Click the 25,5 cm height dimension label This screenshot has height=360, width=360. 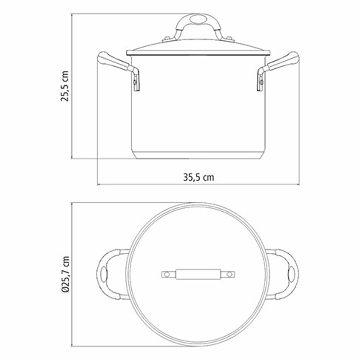pyautogui.click(x=65, y=87)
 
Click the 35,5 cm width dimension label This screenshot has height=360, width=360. pyautogui.click(x=198, y=177)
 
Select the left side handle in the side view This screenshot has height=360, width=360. pyautogui.click(x=113, y=62)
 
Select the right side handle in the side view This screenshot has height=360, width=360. pyautogui.click(x=283, y=62)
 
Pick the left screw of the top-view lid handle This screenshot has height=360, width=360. pyautogui.click(x=167, y=274)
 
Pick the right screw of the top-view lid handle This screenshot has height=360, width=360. pyautogui.click(x=229, y=274)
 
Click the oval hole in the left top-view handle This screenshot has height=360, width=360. pyautogui.click(x=104, y=274)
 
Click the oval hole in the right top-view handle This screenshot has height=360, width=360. pyautogui.click(x=291, y=274)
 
